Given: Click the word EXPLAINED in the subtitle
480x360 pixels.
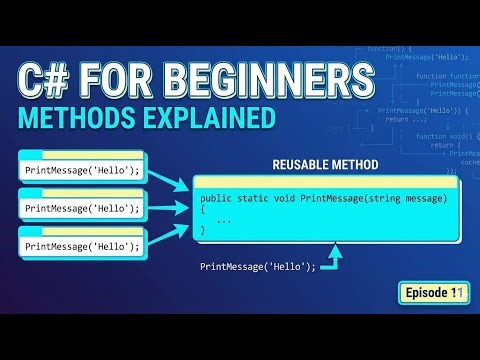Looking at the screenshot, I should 207,119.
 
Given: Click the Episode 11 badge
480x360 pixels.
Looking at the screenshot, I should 431,292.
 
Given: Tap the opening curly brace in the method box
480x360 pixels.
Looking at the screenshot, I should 202,211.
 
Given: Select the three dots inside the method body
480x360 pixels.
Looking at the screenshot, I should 223,220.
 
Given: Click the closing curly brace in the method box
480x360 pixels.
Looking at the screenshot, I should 202,230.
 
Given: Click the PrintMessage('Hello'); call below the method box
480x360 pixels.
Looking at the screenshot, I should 257,266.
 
